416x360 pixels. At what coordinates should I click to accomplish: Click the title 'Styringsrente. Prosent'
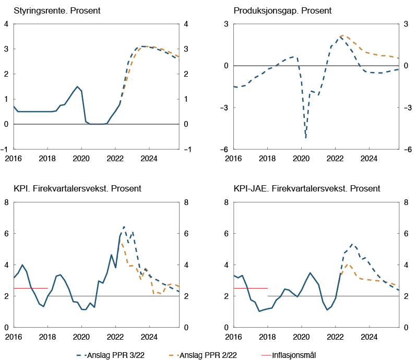(57, 11)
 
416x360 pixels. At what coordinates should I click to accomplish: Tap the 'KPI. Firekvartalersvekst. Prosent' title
(77, 188)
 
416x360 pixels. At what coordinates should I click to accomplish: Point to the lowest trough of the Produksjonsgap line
(305, 138)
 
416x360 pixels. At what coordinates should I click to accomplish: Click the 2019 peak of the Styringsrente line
(77, 87)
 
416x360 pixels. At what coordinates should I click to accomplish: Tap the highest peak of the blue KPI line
(124, 226)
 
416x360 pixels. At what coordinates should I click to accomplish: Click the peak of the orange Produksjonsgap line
(342, 35)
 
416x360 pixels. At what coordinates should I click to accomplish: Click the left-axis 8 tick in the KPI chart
(7, 202)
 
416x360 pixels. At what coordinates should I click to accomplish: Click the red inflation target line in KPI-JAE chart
(251, 288)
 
